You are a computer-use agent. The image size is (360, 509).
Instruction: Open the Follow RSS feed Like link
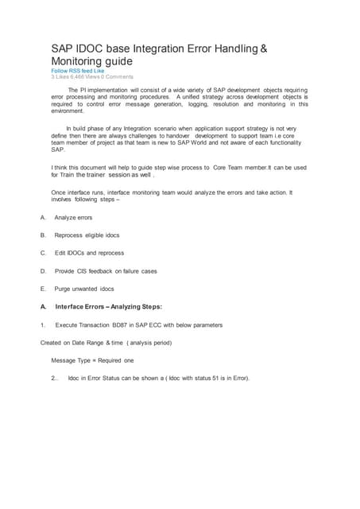[78, 70]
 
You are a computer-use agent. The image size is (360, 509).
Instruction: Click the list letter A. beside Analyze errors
[43, 217]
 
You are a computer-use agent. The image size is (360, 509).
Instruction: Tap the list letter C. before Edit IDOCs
[43, 253]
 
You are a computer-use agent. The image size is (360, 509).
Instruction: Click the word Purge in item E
[63, 289]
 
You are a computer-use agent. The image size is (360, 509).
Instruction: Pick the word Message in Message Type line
[65, 360]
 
